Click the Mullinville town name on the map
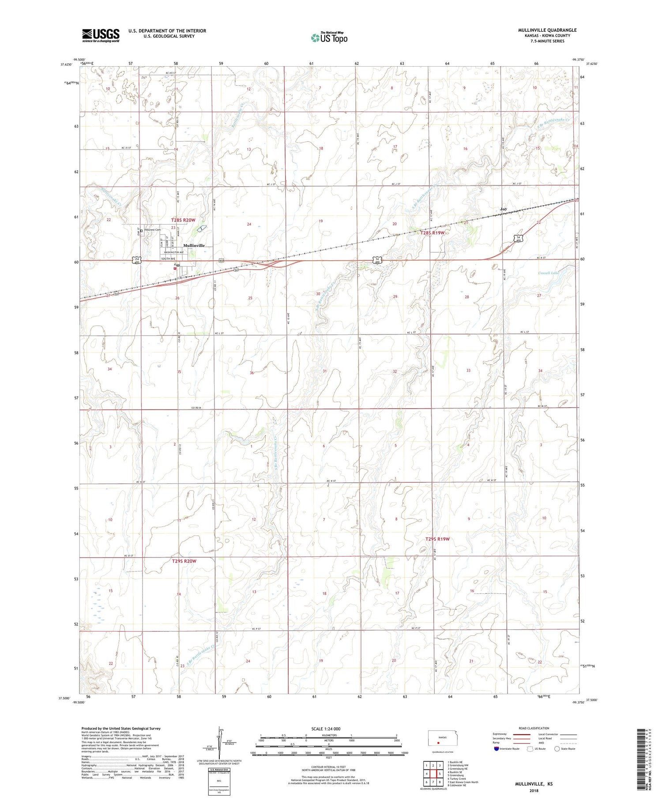194,245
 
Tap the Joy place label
503,209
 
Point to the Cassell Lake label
549,273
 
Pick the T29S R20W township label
184,561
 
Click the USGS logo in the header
101,35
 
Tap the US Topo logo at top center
329,38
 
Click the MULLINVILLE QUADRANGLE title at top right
547,30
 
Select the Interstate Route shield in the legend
496,749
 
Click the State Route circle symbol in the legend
557,748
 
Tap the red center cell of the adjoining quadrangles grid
439,774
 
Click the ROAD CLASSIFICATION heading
534,728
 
